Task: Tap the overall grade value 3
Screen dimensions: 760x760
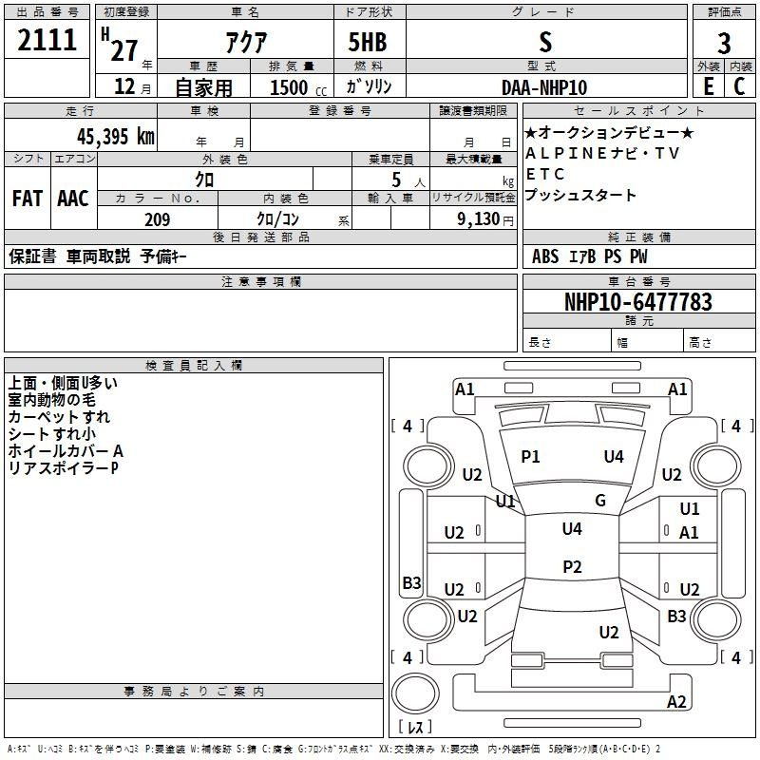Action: [724, 44]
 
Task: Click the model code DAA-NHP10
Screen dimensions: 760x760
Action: [544, 87]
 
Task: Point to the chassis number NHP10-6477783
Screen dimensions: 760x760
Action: [637, 302]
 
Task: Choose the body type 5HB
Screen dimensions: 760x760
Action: [367, 43]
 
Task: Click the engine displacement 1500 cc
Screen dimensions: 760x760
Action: [294, 87]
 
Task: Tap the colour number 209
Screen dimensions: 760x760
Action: [157, 219]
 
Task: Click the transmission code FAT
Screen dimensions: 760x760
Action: [28, 199]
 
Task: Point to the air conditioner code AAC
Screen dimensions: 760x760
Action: [73, 199]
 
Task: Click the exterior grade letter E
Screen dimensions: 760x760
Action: [709, 87]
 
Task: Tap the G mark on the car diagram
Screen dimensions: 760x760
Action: [600, 501]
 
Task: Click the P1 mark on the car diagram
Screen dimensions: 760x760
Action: [530, 457]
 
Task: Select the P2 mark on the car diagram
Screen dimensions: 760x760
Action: [572, 566]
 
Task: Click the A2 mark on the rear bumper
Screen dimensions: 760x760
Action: [676, 702]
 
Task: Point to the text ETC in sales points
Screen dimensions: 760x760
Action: [545, 175]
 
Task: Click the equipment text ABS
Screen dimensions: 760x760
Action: [545, 256]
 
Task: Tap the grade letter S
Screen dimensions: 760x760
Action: [544, 43]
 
